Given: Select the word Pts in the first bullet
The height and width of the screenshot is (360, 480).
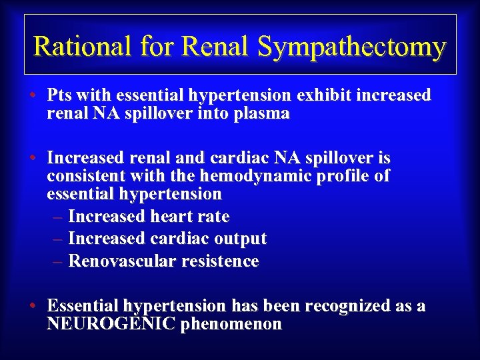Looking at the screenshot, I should click(59, 95).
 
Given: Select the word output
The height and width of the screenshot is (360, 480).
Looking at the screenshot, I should click(237, 239).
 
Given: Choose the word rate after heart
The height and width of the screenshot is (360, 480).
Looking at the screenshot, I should click(213, 217).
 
